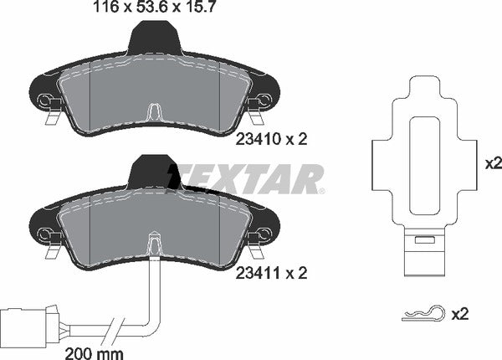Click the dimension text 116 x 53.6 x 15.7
point(151,10)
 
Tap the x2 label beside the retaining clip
point(459,314)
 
